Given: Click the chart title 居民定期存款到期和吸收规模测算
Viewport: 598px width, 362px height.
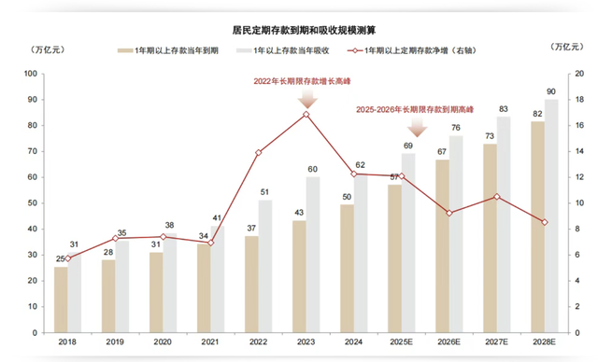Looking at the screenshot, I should [299, 31].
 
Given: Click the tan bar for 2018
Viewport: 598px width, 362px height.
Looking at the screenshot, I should [61, 299].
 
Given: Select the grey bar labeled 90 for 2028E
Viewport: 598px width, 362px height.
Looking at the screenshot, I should [551, 216].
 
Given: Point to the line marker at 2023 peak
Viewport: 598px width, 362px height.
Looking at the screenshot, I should [306, 115].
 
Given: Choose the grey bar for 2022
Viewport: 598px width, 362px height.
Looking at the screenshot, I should [265, 266].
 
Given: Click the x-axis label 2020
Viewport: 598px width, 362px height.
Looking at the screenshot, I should [164, 343].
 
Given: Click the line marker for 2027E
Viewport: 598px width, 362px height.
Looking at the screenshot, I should [497, 196].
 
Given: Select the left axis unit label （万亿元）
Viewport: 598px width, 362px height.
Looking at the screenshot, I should [46, 48].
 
